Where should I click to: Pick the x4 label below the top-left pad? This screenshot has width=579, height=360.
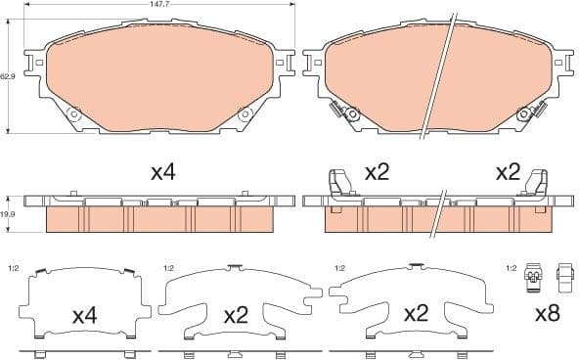click(162, 173)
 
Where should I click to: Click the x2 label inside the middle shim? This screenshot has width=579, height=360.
click(236, 316)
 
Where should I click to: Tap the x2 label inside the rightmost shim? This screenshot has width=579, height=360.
click(417, 316)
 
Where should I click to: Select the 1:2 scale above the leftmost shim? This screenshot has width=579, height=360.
click(14, 267)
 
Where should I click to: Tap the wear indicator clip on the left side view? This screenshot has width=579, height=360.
click(337, 183)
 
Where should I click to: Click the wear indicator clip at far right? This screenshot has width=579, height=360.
click(536, 183)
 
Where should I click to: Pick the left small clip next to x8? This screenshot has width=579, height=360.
click(533, 279)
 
